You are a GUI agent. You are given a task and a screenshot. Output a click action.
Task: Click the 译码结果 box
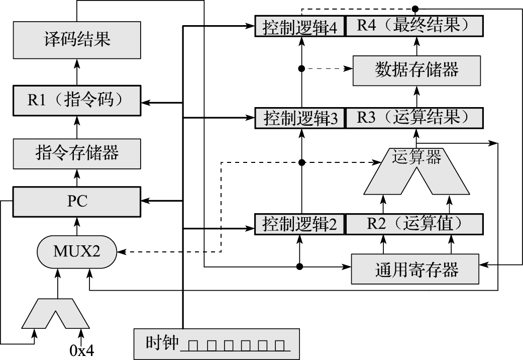click(77, 39)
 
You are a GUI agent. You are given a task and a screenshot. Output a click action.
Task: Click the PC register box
click(77, 202)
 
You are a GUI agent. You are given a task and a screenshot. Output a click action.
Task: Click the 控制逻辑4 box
click(300, 26)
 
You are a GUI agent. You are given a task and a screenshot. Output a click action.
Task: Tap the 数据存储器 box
click(416, 70)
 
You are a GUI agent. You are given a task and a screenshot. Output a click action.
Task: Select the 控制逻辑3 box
click(300, 118)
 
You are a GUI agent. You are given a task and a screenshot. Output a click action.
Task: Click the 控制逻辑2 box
click(300, 224)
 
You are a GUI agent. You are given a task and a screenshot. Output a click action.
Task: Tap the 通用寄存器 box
click(416, 269)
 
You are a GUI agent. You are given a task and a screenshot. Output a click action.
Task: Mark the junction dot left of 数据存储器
click(301, 68)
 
